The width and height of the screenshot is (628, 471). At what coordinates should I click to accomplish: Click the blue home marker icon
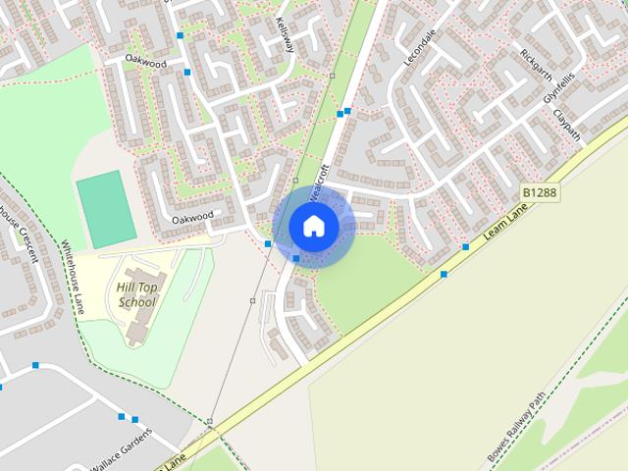point(313,226)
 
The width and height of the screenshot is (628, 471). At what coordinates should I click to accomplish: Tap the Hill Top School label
point(136,294)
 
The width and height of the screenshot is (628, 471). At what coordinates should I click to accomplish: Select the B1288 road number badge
point(540,193)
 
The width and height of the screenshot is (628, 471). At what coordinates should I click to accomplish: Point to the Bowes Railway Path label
point(517,430)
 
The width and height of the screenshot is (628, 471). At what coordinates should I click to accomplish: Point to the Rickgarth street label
point(538,65)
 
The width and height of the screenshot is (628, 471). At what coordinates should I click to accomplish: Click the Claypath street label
point(566,125)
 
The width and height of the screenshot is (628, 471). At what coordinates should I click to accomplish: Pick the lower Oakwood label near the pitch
point(192,218)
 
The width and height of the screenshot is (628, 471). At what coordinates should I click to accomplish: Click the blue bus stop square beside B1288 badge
point(466,246)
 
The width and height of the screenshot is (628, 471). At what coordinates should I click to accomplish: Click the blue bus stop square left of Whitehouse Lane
point(35,365)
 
